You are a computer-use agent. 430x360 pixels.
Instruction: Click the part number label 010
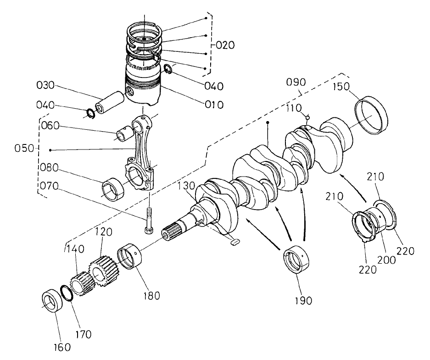(x=214, y=105)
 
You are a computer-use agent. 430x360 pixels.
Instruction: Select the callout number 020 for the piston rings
(x=225, y=45)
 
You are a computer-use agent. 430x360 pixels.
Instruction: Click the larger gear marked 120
(x=104, y=271)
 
